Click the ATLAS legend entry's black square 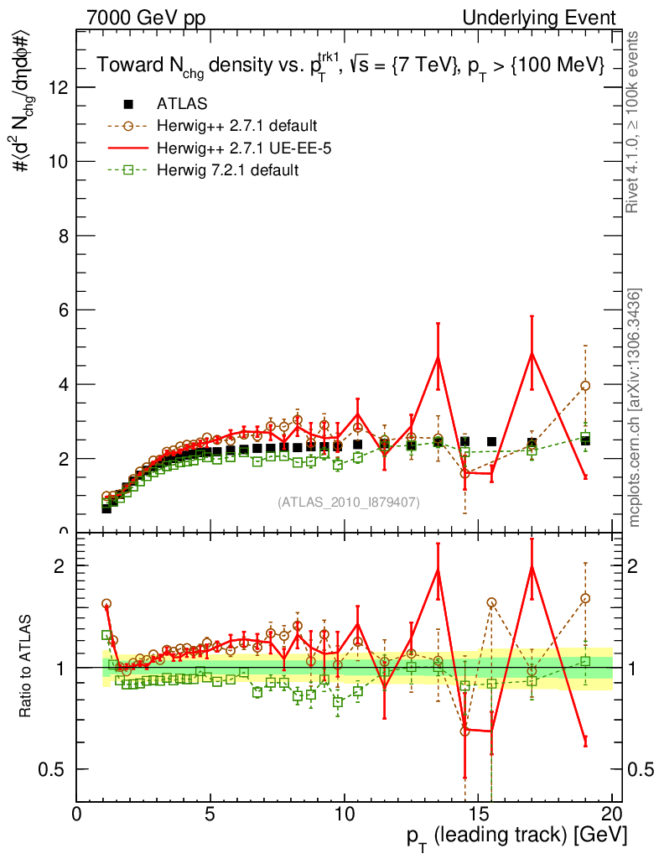pos(128,104)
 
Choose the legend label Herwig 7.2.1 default pos(227,170)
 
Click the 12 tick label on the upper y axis pos(60,87)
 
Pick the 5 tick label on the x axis pos(210,815)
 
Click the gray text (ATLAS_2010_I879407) pos(349,502)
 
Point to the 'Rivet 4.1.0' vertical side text pos(636,122)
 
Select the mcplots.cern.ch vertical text pos(636,407)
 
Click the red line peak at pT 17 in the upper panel pos(532,353)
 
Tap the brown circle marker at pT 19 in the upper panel pos(585,385)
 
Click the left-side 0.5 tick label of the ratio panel pos(57,769)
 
